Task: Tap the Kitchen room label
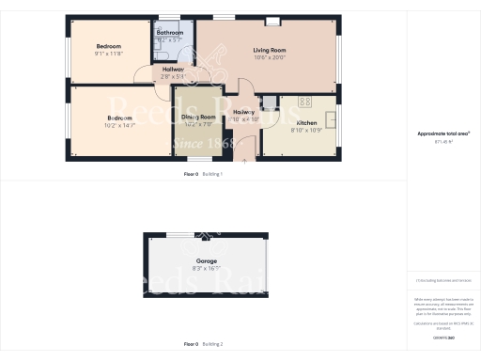point(307,123)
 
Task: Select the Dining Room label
point(198,117)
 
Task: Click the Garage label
point(207,260)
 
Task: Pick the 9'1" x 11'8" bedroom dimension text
point(109,54)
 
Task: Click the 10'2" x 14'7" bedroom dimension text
point(117,124)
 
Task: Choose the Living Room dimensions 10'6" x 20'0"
point(270,57)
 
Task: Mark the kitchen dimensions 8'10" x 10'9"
point(308,131)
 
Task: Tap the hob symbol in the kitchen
point(304,101)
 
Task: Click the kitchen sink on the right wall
point(333,120)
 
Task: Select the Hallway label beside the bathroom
point(173,70)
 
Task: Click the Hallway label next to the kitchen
point(244,112)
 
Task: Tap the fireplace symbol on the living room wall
point(272,22)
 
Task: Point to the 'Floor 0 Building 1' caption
point(203,175)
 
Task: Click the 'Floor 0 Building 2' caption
point(203,344)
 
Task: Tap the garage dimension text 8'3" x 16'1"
point(207,268)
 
